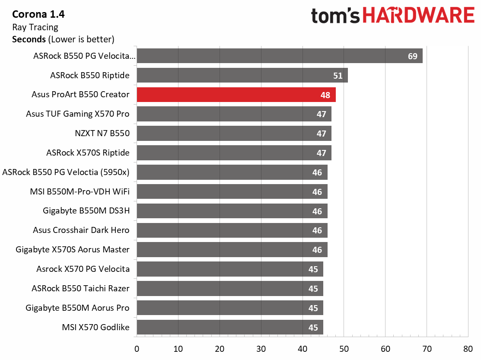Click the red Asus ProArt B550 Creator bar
tap(236, 95)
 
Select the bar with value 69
tap(279, 56)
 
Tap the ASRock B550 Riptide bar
tap(242, 76)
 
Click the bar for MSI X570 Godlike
tap(229, 327)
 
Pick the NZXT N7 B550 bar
tap(234, 134)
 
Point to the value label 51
tap(338, 76)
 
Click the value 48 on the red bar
tap(325, 95)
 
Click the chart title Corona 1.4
tap(38, 14)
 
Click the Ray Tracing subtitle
tap(35, 27)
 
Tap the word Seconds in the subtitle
tap(29, 39)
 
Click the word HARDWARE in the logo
tap(418, 16)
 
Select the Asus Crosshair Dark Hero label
tap(81, 230)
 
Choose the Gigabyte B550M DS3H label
tap(86, 211)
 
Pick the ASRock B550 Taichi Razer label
tap(80, 288)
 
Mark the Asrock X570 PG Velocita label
tap(83, 269)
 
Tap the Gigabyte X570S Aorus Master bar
tap(232, 250)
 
